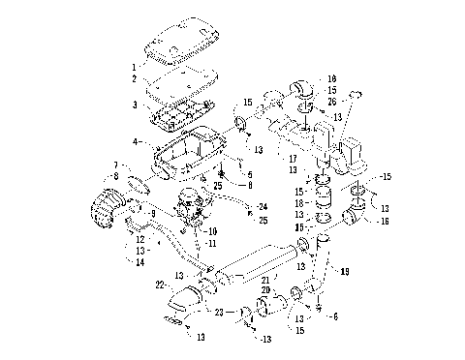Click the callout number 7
pyautogui.click(x=116, y=165)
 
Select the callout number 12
pyautogui.click(x=139, y=239)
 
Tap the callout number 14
pyautogui.click(x=139, y=262)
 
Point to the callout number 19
pyautogui.click(x=344, y=273)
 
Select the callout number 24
pyautogui.click(x=262, y=205)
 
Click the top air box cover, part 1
pyautogui.click(x=179, y=39)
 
